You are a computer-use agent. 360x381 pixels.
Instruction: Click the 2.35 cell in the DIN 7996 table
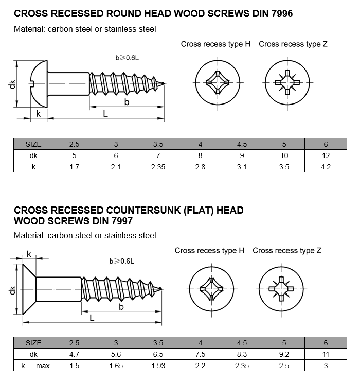[x=158, y=166]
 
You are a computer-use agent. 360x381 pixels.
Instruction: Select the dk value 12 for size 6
[x=325, y=155]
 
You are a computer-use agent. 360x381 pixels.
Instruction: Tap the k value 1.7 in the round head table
[x=74, y=166]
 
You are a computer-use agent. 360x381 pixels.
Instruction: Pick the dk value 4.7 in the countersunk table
[x=74, y=354]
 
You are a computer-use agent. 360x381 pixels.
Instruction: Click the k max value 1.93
[x=158, y=366]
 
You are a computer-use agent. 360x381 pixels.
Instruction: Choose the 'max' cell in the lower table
[x=42, y=366]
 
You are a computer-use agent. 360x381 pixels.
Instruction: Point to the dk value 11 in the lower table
[x=325, y=354]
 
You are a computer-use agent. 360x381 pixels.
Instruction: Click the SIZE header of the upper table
[x=33, y=144]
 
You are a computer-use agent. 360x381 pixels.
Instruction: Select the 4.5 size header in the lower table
[x=242, y=343]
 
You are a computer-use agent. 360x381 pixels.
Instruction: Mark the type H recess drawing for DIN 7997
[x=210, y=288]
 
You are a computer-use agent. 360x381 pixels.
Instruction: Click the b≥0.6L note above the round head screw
[x=127, y=58]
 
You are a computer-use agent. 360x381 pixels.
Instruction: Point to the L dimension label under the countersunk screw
[x=92, y=318]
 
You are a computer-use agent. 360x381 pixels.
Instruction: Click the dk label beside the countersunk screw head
[x=12, y=291]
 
